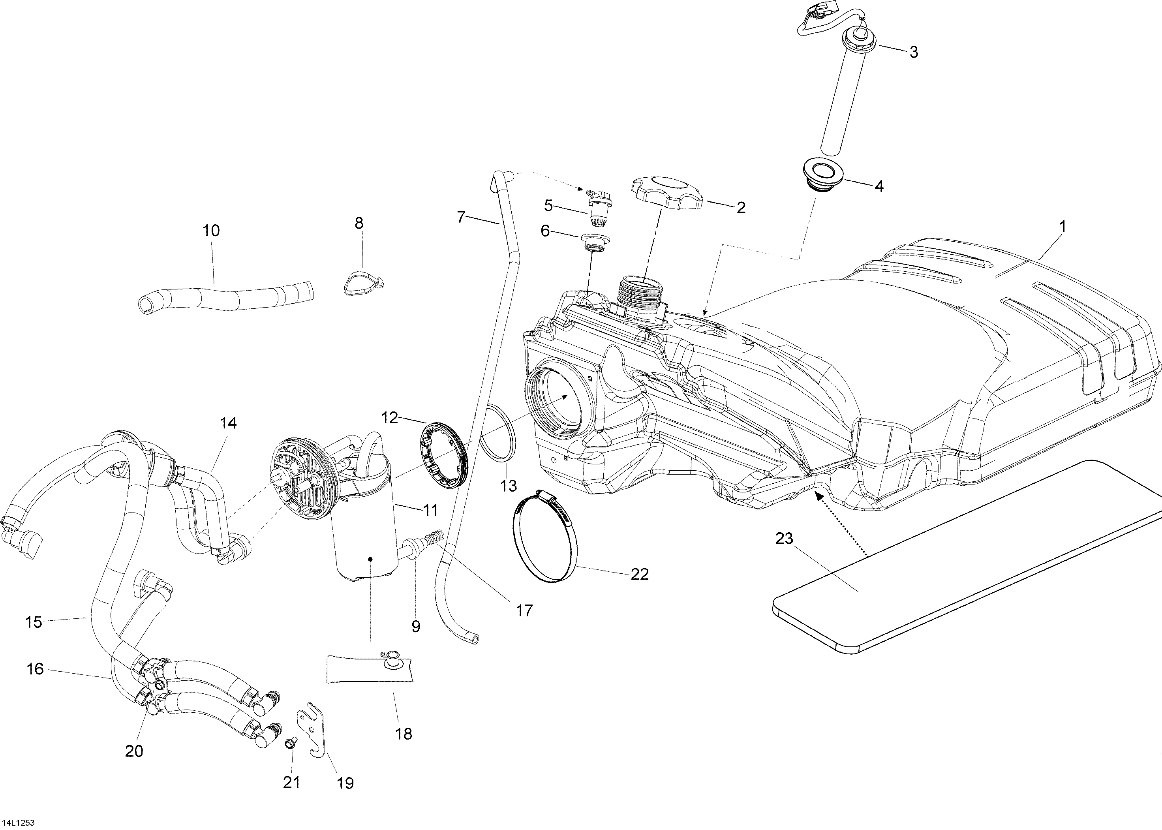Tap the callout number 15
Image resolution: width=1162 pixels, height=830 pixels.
click(x=34, y=622)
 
